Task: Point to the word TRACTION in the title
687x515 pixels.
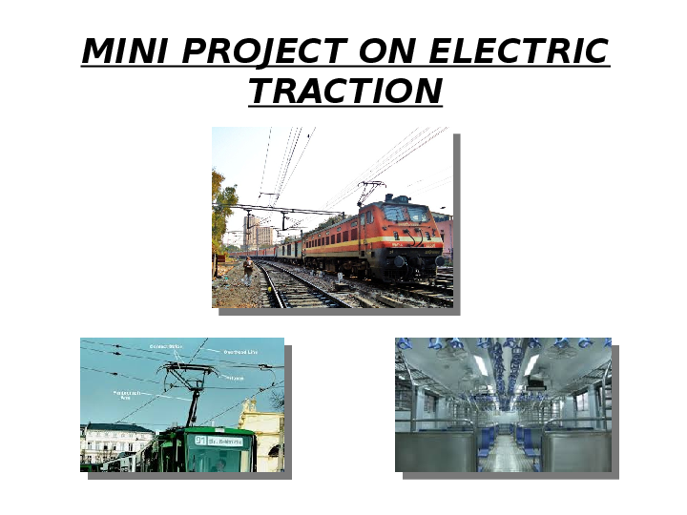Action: [345, 92]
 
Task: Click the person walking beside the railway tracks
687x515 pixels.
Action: [248, 270]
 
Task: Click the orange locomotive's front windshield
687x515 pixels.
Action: [408, 216]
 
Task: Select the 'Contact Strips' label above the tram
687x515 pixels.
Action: [165, 346]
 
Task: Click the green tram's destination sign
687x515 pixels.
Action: [219, 441]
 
